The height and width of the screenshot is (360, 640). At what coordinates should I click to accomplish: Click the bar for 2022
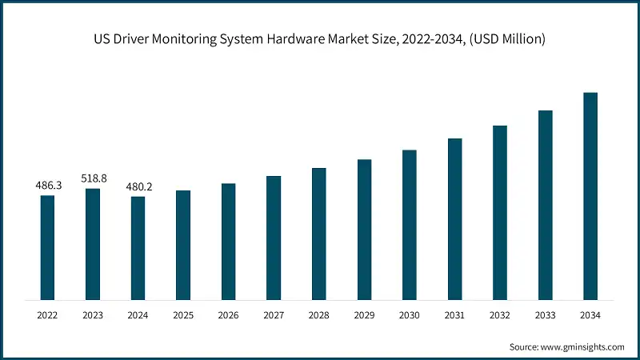48,247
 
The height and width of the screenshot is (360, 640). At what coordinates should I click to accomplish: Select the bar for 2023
93,244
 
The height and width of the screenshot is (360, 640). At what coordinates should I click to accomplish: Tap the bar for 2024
138,248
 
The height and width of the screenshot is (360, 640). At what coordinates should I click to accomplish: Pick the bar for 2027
274,238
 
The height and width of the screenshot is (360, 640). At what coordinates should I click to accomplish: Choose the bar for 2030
410,225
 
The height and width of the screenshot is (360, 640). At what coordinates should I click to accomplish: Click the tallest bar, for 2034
590,196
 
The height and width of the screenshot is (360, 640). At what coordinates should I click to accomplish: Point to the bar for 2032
500,213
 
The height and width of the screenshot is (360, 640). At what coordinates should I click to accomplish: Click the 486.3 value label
48,186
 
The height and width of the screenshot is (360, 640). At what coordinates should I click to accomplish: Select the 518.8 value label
93,179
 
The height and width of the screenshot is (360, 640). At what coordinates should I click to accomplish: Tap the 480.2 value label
138,187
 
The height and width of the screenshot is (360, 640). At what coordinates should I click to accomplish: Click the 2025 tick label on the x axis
183,316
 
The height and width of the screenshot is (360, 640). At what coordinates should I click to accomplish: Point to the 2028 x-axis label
319,316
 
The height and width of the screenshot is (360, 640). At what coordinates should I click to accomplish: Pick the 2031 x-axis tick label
454,316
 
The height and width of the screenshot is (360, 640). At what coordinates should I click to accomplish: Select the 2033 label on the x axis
545,316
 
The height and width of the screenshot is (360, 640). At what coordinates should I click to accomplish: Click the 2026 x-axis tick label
229,316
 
